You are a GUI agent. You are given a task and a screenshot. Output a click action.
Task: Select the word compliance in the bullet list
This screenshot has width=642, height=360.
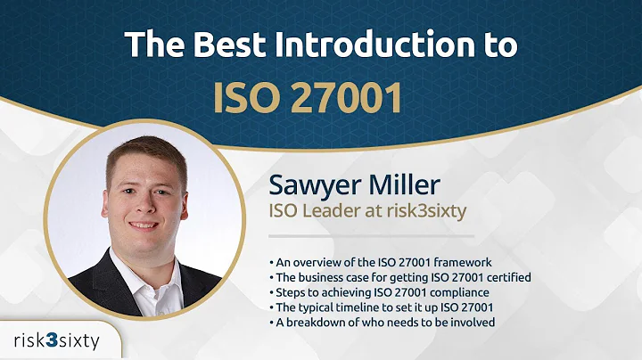pyautogui.click(x=458, y=291)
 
